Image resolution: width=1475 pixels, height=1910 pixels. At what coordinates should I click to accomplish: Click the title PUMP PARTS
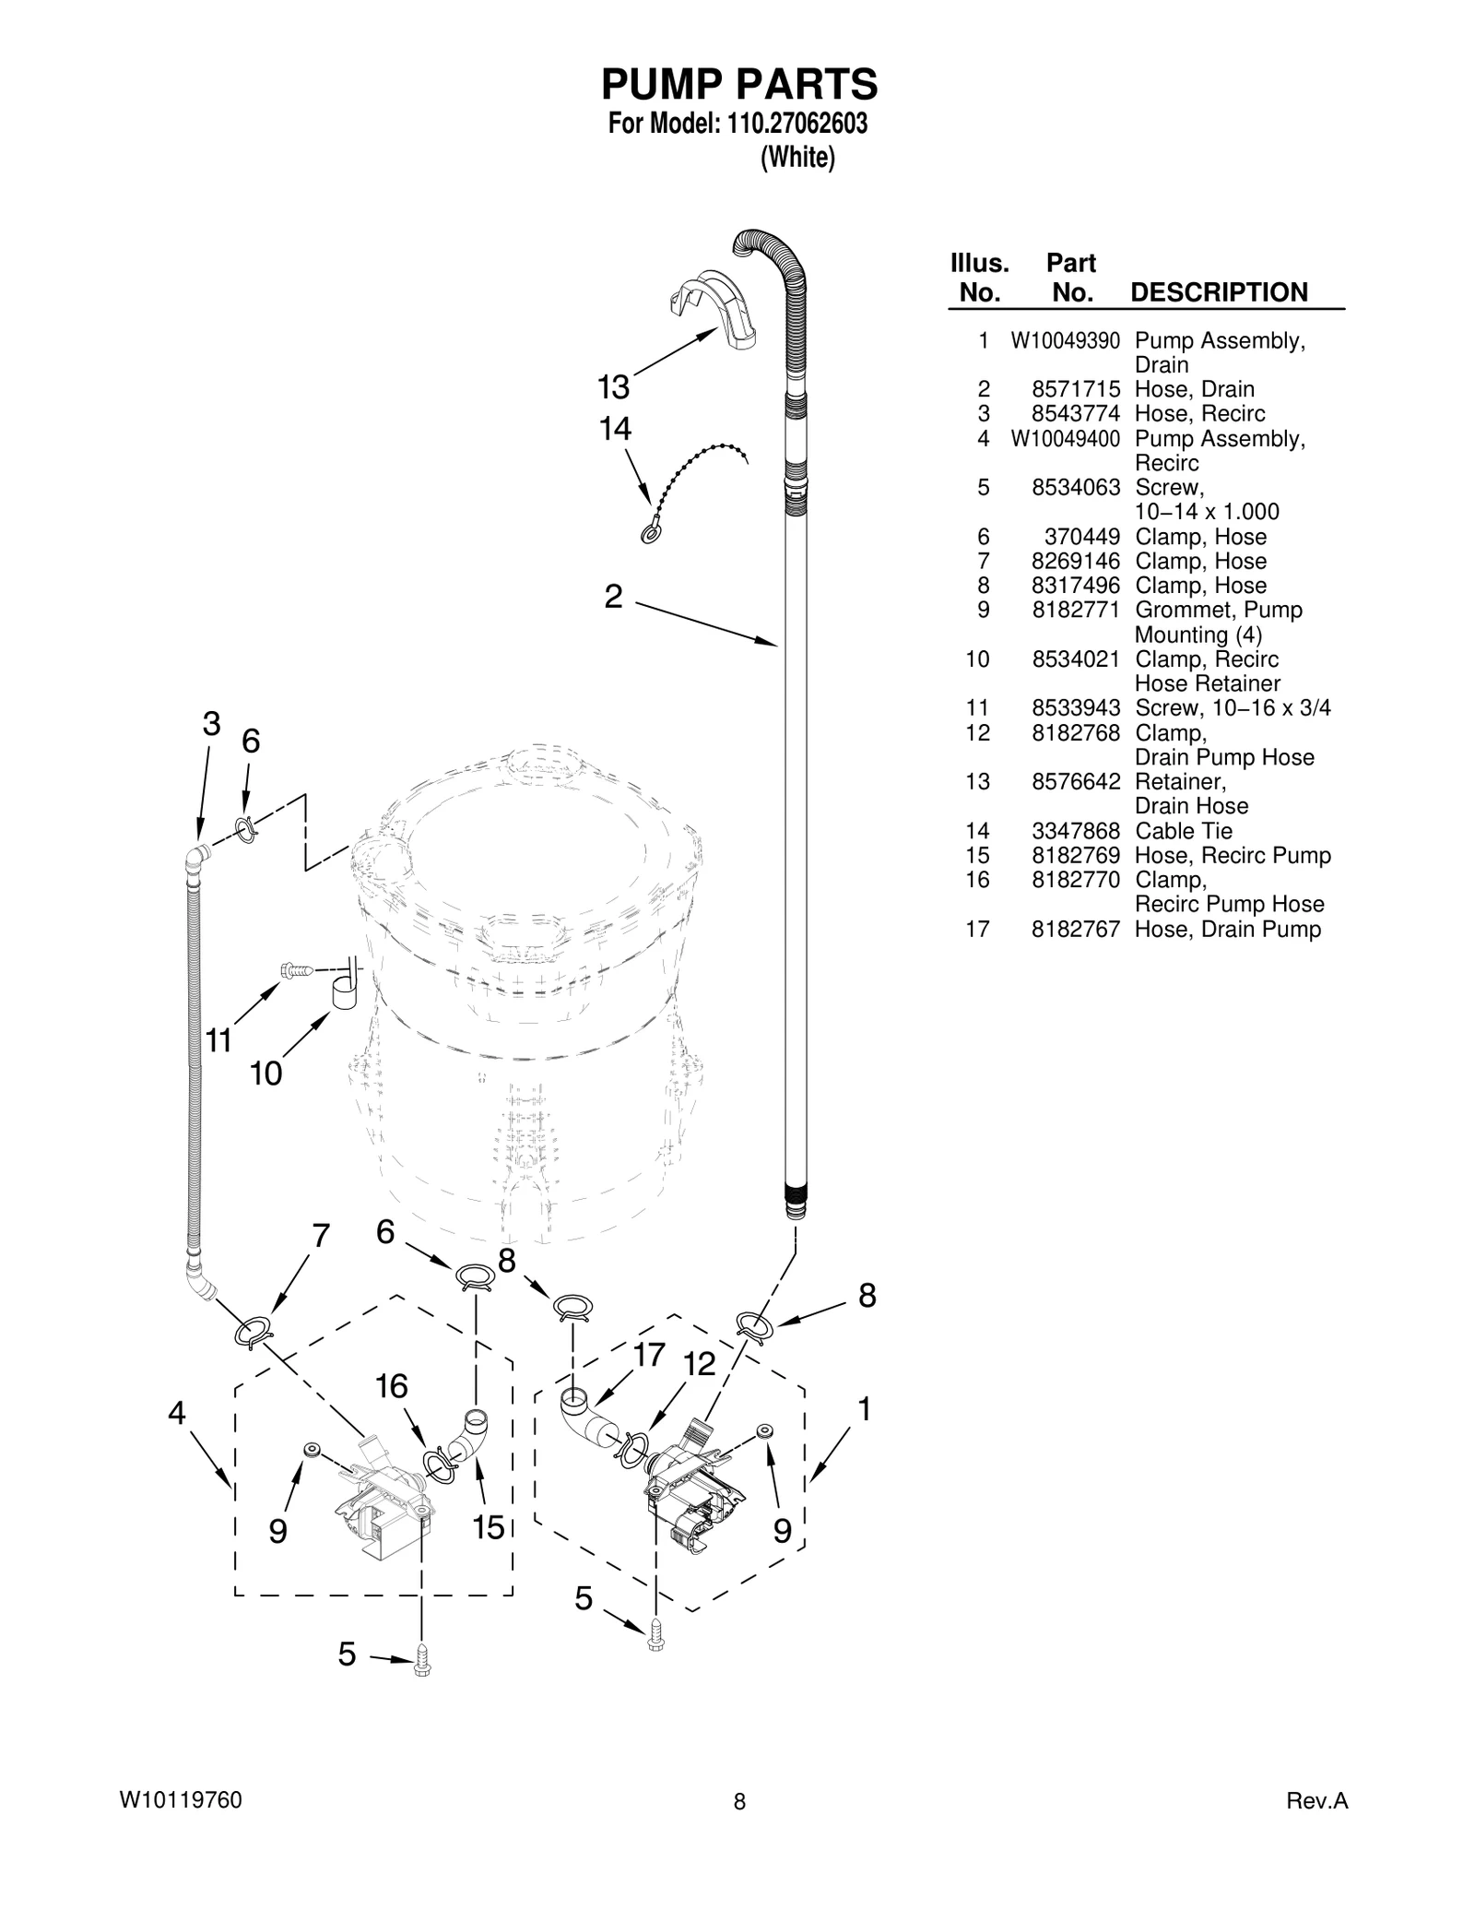[739, 85]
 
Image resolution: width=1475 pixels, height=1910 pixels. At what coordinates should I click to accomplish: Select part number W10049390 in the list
[1065, 341]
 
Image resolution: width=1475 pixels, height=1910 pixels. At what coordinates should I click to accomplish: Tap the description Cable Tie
[1183, 831]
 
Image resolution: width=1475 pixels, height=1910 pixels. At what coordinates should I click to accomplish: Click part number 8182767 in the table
[1075, 930]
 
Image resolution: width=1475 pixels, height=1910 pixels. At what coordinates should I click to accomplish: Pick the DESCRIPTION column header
[1219, 292]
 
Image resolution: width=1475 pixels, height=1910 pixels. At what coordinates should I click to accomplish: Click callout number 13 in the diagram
[613, 387]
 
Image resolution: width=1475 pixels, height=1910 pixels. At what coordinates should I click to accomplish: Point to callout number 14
[616, 429]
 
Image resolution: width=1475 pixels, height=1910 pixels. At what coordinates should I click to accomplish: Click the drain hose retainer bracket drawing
[712, 309]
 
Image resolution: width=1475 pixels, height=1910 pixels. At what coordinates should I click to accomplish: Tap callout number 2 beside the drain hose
[613, 597]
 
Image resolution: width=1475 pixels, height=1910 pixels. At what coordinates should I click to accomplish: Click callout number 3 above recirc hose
[211, 724]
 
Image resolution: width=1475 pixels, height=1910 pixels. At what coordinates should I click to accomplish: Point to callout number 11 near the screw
[218, 1040]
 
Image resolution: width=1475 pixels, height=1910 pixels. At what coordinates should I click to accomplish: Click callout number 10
[265, 1074]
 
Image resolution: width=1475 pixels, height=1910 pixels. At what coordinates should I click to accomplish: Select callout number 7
[320, 1236]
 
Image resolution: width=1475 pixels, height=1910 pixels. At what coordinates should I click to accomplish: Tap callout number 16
[392, 1386]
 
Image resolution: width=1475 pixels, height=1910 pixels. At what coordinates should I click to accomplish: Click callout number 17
[649, 1355]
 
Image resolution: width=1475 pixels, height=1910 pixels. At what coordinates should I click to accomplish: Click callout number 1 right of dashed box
[864, 1409]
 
